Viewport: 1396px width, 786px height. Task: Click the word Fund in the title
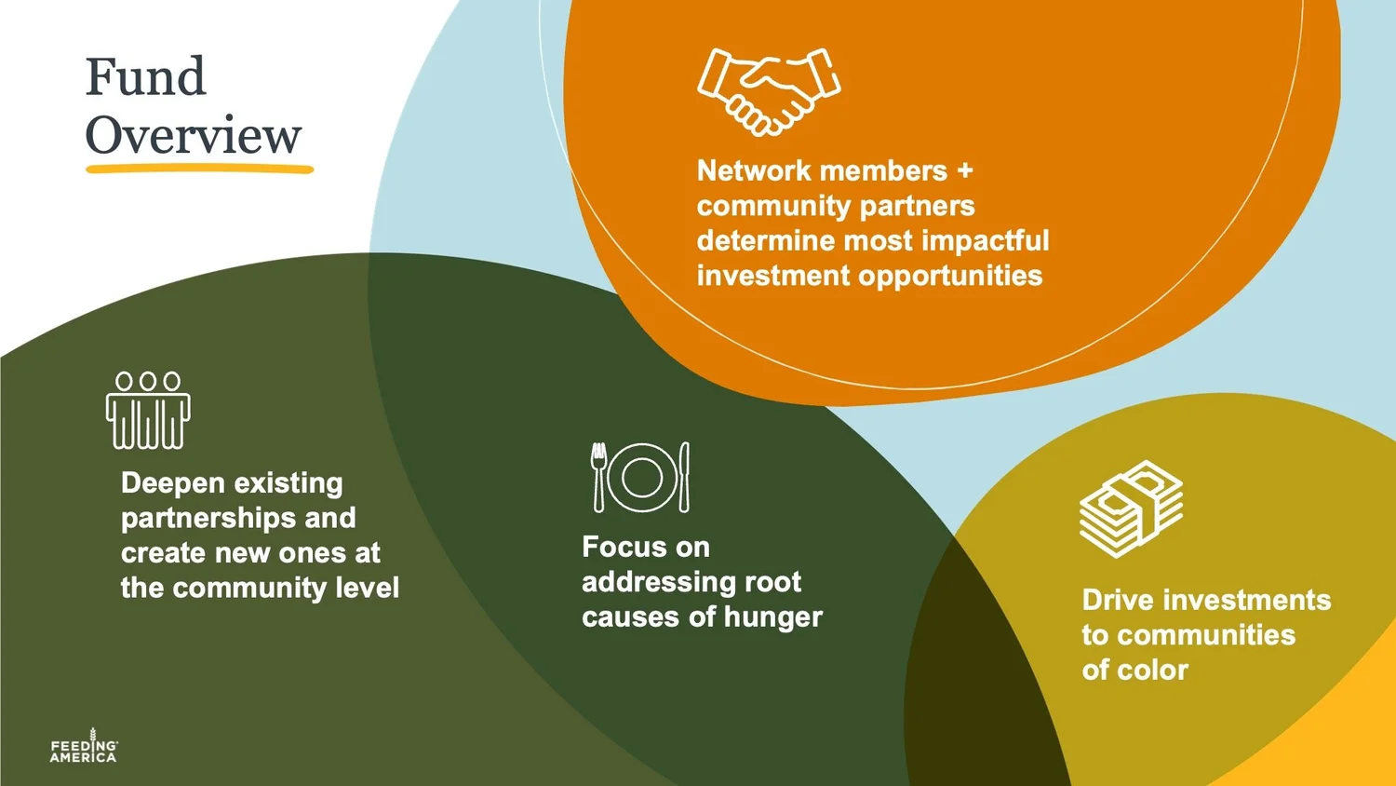pyautogui.click(x=145, y=77)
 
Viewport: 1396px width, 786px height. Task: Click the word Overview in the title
pyautogui.click(x=194, y=136)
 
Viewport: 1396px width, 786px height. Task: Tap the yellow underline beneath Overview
pyautogui.click(x=199, y=169)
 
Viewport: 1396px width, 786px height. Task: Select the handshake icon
pyautogui.click(x=769, y=91)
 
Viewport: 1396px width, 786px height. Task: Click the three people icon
pyautogui.click(x=148, y=410)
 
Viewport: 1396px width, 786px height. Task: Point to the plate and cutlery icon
pyautogui.click(x=641, y=477)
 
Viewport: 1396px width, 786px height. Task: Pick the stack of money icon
pyautogui.click(x=1131, y=508)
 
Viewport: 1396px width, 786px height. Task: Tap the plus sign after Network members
pyautogui.click(x=964, y=170)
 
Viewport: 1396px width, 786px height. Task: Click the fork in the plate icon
pyautogui.click(x=598, y=476)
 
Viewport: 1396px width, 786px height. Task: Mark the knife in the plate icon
pyautogui.click(x=685, y=476)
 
